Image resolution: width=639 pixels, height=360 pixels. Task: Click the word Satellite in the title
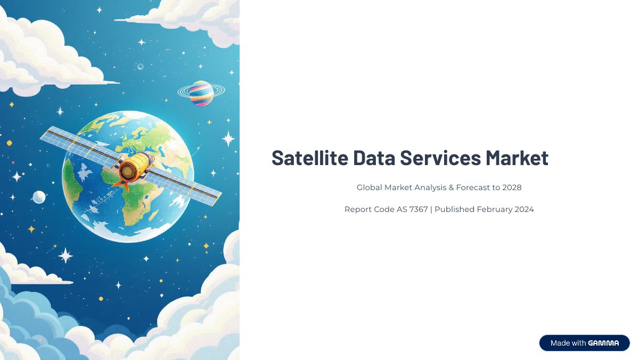310,158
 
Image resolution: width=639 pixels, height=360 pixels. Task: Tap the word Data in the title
374,158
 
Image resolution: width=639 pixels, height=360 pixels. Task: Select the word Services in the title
440,158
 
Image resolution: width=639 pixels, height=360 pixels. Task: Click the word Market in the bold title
517,158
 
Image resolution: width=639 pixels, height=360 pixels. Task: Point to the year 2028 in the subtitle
512,187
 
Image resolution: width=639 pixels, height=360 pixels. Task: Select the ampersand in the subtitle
451,187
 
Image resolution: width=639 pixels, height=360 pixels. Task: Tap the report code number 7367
419,209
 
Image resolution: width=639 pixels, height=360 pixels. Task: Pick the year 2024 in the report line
525,209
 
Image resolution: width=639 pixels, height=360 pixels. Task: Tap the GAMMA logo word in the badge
603,343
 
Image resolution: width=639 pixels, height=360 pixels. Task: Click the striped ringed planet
201,93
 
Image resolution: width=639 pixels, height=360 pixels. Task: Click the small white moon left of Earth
39,197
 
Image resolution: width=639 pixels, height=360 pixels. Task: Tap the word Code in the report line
384,209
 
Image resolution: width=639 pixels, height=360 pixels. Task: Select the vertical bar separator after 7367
431,209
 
